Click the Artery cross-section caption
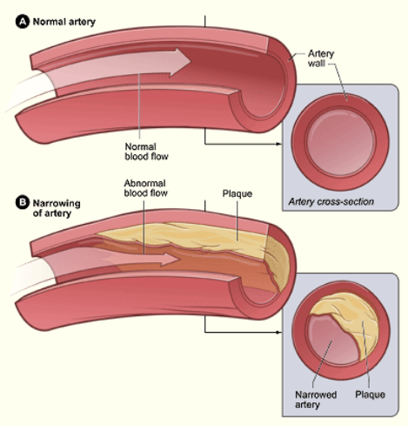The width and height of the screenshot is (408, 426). point(331,200)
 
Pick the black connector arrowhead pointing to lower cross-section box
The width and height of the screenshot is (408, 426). point(281,331)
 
